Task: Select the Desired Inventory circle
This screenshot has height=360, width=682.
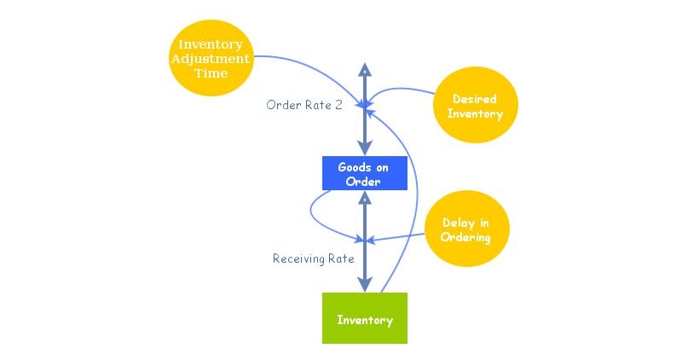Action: [477, 105]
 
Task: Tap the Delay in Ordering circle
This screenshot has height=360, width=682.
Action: [465, 230]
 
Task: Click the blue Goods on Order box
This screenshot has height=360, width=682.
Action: [364, 174]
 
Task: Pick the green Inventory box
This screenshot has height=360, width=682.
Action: [364, 318]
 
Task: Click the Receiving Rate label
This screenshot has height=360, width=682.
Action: [314, 258]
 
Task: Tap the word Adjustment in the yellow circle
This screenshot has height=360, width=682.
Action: [211, 59]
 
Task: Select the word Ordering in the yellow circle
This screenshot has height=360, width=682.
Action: [465, 238]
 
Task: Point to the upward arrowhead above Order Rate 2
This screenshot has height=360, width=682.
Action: [365, 69]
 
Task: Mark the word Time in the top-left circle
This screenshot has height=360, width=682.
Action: [211, 73]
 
